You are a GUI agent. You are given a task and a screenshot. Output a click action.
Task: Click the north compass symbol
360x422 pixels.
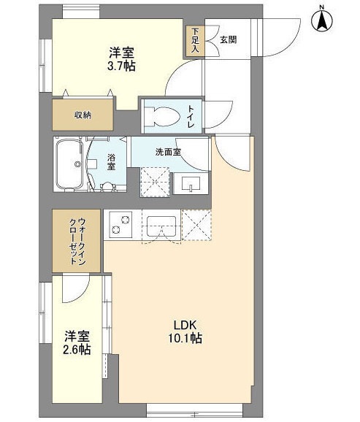(322, 20)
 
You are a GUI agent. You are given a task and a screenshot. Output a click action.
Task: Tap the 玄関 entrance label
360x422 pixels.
(229, 39)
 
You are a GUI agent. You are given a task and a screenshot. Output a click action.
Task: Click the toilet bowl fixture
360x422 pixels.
(164, 117)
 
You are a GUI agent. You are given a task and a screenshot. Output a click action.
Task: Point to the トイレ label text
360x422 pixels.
(191, 117)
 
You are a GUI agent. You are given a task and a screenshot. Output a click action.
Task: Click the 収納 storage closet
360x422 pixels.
(83, 115)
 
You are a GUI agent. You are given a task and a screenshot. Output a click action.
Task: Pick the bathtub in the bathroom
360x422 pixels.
(70, 164)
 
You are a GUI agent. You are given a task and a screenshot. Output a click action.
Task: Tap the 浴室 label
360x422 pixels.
(111, 162)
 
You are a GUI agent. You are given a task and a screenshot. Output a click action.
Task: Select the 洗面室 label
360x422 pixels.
(168, 153)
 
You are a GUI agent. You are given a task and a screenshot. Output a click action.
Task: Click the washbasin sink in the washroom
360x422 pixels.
(191, 183)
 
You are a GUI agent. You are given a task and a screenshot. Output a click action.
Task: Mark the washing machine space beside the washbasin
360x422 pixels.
(155, 183)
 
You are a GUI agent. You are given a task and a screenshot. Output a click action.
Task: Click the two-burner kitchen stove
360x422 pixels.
(120, 224)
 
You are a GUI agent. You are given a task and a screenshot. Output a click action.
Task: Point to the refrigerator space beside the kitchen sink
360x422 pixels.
(196, 225)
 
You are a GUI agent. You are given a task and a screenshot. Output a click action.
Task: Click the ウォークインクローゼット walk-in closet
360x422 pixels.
(76, 241)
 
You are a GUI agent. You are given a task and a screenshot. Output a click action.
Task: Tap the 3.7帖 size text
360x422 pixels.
(121, 66)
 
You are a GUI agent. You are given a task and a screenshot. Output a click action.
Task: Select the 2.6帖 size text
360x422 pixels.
(77, 349)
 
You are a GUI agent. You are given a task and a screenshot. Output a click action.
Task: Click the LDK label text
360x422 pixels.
(185, 325)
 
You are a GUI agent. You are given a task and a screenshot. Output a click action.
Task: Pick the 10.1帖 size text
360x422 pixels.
(185, 338)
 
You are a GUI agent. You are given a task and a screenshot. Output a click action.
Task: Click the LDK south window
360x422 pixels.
(195, 411)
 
